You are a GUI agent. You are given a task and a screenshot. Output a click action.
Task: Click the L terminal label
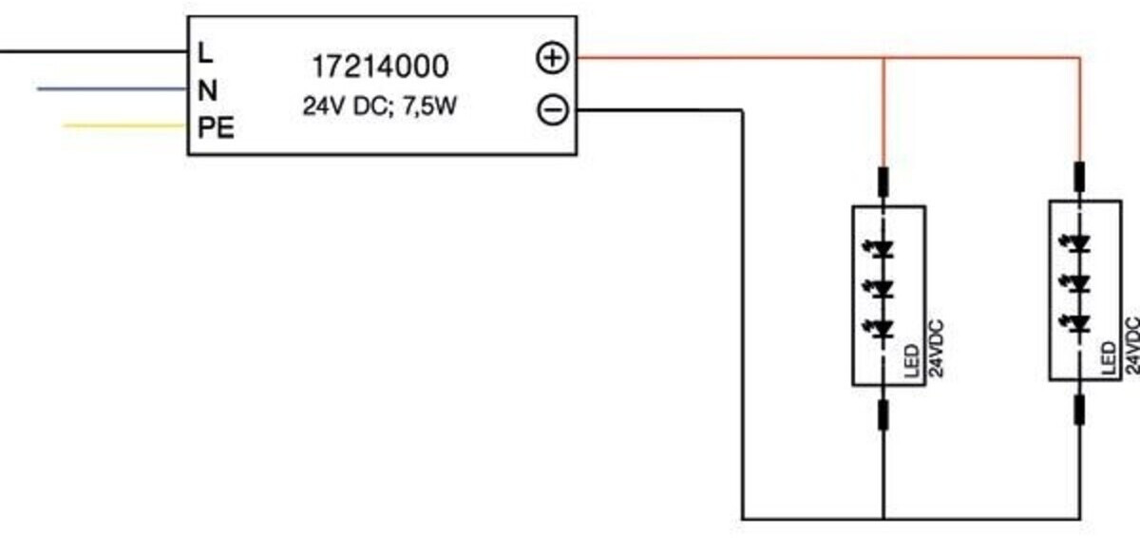tap(204, 53)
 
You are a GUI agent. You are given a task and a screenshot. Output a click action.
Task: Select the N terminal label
tap(208, 90)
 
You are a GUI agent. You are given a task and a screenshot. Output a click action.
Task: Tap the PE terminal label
tap(216, 127)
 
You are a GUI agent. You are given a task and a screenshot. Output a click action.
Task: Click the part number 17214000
tap(380, 67)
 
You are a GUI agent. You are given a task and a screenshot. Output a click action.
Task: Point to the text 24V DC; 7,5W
tap(380, 106)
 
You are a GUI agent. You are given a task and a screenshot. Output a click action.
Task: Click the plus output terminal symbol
tap(552, 58)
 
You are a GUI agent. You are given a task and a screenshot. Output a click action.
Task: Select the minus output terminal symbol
tap(553, 110)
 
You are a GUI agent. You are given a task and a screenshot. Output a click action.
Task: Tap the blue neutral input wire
tap(112, 89)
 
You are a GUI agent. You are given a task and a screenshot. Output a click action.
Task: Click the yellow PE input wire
tap(124, 125)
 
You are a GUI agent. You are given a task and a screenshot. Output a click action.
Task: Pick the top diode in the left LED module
tap(880, 249)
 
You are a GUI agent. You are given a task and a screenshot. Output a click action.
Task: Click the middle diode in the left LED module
tap(880, 289)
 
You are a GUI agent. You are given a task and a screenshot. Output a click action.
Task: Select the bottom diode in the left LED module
tap(880, 329)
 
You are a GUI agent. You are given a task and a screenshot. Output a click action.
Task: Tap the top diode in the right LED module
tap(1074, 243)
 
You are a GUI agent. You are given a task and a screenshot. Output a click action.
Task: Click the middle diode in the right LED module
tap(1074, 283)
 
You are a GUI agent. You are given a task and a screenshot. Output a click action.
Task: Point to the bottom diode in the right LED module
tap(1074, 323)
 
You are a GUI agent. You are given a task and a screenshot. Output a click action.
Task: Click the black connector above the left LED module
tap(883, 182)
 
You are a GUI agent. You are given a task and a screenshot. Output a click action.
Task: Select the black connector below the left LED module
tap(883, 414)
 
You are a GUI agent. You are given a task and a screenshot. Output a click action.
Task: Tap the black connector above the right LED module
tap(1079, 177)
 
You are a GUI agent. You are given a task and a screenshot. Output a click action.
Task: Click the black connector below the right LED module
tap(1079, 410)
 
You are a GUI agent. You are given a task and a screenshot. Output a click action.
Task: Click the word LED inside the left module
tap(912, 361)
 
